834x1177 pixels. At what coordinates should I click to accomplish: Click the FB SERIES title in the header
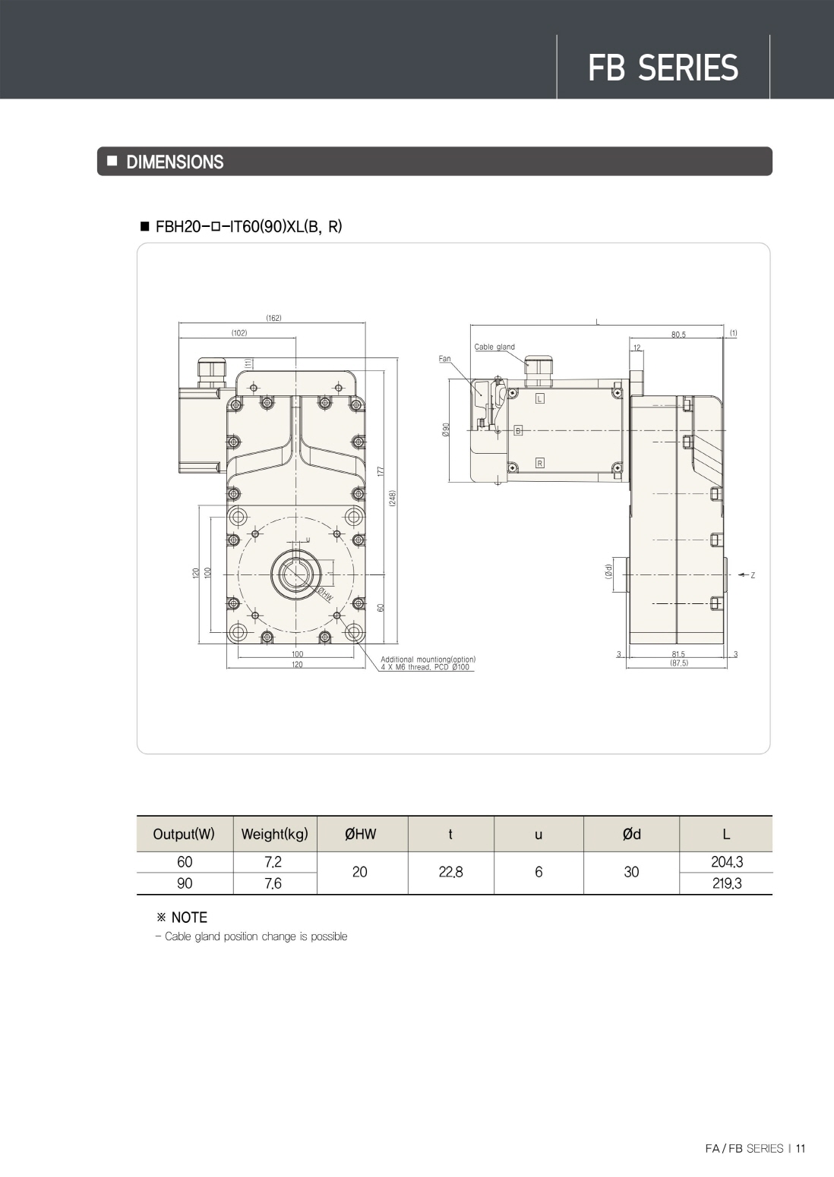[x=662, y=68]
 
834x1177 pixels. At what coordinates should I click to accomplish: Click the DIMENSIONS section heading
[x=175, y=162]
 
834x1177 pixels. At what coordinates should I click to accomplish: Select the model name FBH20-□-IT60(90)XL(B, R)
[x=248, y=226]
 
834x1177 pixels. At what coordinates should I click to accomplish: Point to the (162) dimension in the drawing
[x=273, y=318]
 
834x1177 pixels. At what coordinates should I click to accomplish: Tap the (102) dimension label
[x=239, y=332]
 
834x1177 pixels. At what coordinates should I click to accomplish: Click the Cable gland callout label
[x=494, y=347]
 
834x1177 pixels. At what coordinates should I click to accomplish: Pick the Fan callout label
[x=444, y=358]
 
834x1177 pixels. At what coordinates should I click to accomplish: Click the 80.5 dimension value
[x=678, y=334]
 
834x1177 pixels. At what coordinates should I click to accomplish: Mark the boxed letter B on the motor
[x=518, y=431]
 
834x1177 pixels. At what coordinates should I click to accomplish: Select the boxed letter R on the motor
[x=539, y=463]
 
